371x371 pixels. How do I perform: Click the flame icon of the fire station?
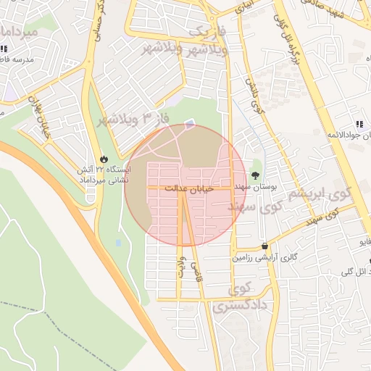[104, 159]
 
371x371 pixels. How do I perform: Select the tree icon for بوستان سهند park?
[255, 175]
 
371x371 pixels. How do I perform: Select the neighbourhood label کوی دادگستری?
[241, 299]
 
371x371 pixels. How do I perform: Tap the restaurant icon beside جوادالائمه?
[359, 124]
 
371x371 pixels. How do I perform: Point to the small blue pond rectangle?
[118, 243]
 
